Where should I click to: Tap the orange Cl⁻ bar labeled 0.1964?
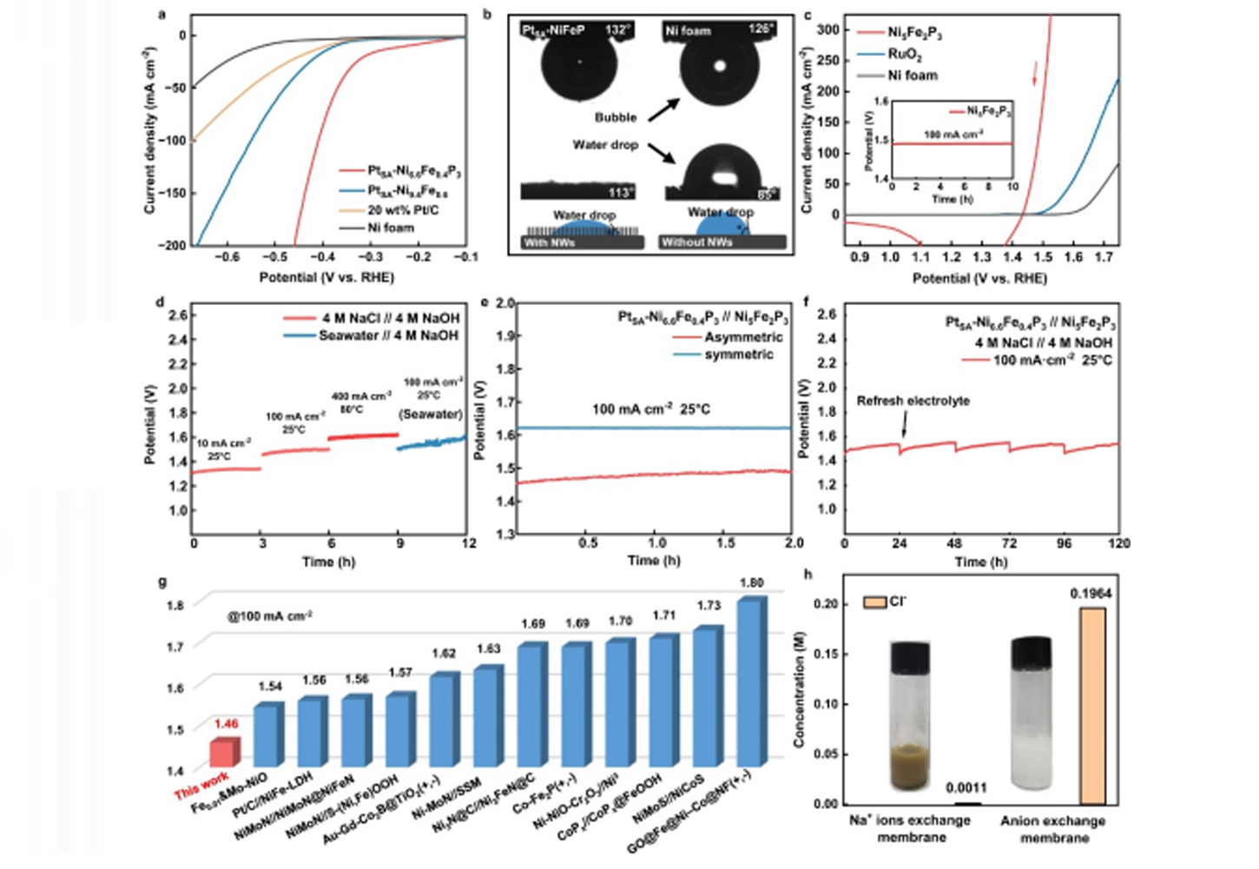point(1092,705)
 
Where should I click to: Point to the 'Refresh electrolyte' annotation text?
point(913,401)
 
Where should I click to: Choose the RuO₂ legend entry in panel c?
point(904,54)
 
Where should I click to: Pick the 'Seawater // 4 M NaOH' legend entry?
point(387,335)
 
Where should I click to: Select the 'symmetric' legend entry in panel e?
point(738,355)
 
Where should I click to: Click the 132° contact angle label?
point(617,30)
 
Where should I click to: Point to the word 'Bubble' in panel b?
point(616,117)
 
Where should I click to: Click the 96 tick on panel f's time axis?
point(1064,543)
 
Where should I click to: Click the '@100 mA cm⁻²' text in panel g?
point(269,616)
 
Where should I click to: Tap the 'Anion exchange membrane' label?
point(1053,829)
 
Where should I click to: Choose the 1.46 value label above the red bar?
point(226,724)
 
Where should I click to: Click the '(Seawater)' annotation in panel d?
point(431,414)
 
